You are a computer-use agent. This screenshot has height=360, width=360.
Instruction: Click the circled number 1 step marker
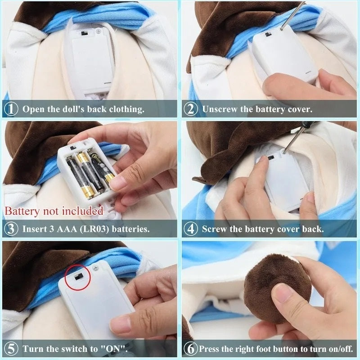(11, 109)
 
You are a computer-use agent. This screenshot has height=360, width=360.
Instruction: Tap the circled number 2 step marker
(191, 109)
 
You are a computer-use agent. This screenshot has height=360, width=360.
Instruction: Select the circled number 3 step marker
(11, 229)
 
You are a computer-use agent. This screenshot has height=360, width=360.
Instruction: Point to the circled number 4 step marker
(191, 229)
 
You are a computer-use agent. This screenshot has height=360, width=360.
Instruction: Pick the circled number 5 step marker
(11, 349)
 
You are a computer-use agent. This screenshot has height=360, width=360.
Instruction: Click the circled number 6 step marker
(190, 349)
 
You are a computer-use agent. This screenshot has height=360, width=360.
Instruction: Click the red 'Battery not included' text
(54, 211)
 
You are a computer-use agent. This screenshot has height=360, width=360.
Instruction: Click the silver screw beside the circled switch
(96, 268)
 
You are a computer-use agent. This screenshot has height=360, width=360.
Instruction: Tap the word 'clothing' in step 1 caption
(126, 109)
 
